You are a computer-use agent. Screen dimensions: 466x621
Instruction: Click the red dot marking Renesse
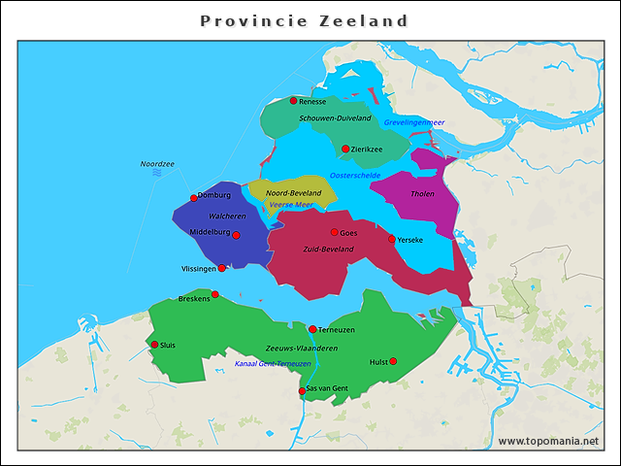(x=293, y=100)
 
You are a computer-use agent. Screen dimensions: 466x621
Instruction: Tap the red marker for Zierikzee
(x=345, y=149)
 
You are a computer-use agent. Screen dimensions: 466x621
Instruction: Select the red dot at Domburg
(x=194, y=197)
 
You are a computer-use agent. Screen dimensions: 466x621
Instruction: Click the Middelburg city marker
(x=236, y=235)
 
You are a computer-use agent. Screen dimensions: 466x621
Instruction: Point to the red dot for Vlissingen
(x=222, y=268)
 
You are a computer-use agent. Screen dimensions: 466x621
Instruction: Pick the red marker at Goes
(x=335, y=232)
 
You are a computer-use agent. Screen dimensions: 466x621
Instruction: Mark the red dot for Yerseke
(x=392, y=239)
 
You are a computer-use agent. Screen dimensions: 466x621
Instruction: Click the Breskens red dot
(x=215, y=294)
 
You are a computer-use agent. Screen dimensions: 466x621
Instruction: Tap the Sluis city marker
(x=154, y=344)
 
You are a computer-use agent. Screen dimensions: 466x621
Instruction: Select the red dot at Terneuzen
(x=312, y=329)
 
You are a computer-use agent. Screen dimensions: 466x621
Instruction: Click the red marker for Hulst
(x=393, y=361)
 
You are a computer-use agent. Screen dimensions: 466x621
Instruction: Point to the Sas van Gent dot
(x=302, y=391)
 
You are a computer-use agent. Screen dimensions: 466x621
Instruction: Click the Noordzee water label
(x=157, y=164)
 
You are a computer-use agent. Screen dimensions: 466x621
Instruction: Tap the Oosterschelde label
(x=355, y=175)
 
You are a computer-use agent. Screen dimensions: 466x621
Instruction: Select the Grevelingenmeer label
(x=413, y=122)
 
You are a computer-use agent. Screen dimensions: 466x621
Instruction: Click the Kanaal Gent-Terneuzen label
(x=273, y=364)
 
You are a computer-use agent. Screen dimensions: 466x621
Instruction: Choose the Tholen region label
(x=423, y=194)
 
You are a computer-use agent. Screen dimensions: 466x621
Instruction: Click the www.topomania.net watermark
(x=548, y=441)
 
